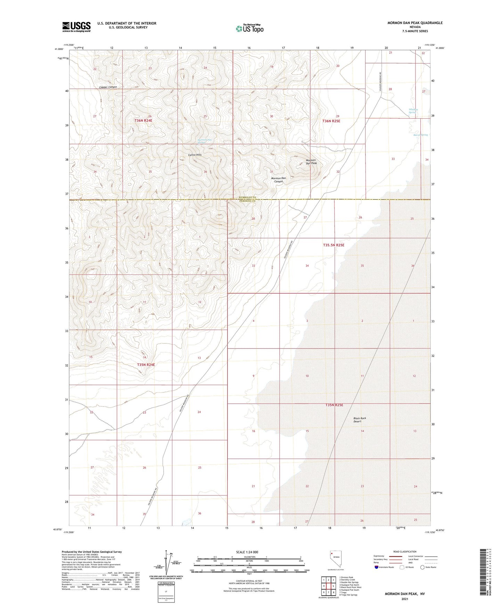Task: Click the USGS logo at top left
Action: (x=76, y=27)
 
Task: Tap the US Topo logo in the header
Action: (x=249, y=28)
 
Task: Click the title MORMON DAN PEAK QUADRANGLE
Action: (x=415, y=23)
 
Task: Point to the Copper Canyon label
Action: (x=108, y=87)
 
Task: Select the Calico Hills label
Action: (x=195, y=155)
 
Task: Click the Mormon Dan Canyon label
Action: (x=279, y=180)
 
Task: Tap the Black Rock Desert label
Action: (x=360, y=420)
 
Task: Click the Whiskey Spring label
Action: (x=413, y=111)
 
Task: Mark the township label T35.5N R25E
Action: (x=334, y=245)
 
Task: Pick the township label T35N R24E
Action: (x=146, y=365)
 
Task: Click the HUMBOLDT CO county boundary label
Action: (x=247, y=197)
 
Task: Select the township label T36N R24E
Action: (x=143, y=120)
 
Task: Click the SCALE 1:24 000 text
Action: (x=247, y=552)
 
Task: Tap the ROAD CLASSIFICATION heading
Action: (x=405, y=552)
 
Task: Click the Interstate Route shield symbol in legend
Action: (x=377, y=567)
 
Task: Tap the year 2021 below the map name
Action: (x=405, y=599)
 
